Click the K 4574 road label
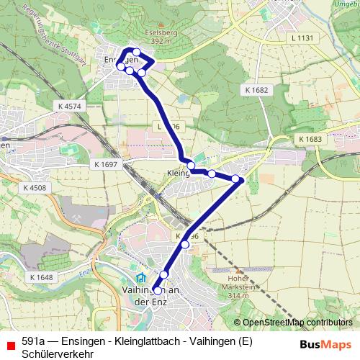(68, 106)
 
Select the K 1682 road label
(256, 89)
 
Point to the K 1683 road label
(310, 138)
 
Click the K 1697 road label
(105, 165)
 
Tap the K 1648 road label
(42, 277)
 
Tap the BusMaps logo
(325, 344)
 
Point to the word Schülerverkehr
(58, 353)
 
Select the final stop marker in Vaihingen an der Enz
(158, 290)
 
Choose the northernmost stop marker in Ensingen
(136, 51)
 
